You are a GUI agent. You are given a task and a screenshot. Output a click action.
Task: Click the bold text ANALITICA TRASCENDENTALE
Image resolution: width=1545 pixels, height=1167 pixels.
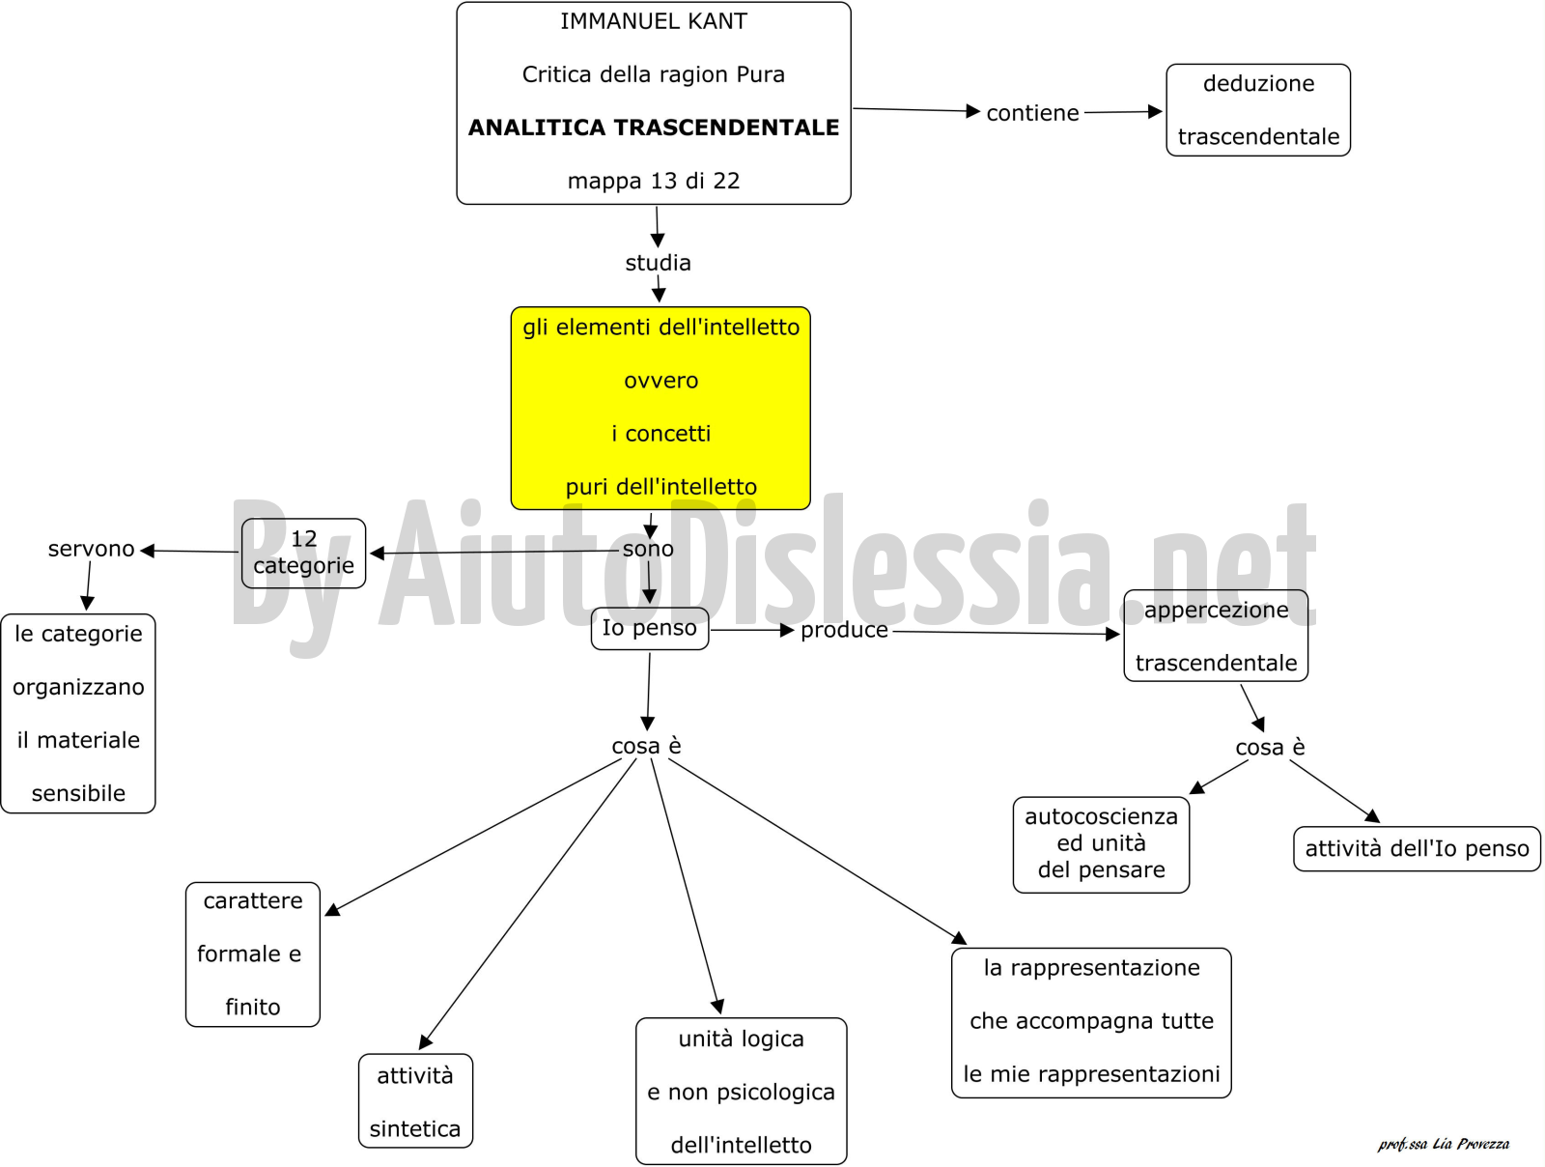pyautogui.click(x=653, y=128)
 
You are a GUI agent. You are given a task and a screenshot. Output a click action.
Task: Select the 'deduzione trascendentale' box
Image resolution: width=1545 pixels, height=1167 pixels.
pyautogui.click(x=1258, y=110)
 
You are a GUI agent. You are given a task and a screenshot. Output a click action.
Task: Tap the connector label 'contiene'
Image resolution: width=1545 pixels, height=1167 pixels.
pyautogui.click(x=1032, y=113)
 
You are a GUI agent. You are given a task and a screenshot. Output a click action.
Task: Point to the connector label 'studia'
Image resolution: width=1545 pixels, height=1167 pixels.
pyautogui.click(x=659, y=263)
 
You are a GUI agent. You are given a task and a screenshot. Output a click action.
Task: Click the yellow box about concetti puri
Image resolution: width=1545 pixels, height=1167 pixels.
pyautogui.click(x=660, y=408)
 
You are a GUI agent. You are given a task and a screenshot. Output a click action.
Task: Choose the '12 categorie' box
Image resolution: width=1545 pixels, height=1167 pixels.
pyautogui.click(x=303, y=554)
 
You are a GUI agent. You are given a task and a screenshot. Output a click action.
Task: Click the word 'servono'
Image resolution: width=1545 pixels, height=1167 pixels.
pyautogui.click(x=91, y=549)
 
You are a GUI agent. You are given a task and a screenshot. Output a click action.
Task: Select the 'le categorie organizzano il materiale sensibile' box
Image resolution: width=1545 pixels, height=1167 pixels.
pyautogui.click(x=78, y=714)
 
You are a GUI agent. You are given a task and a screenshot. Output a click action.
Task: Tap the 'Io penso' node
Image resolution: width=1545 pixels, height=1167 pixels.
pyautogui.click(x=650, y=629)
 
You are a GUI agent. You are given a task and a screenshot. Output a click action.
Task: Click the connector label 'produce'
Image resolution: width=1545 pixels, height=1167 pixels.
pyautogui.click(x=844, y=630)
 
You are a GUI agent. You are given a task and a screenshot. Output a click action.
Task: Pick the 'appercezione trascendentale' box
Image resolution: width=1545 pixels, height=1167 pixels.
pyautogui.click(x=1216, y=636)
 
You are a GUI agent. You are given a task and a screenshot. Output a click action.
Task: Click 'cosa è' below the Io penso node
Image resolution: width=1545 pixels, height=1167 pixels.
pyautogui.click(x=646, y=746)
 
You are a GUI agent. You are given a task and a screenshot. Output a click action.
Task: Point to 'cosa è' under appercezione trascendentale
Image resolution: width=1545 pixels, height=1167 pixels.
pyautogui.click(x=1270, y=747)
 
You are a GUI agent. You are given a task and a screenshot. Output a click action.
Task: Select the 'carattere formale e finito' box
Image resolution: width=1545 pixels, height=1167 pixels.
pyautogui.click(x=253, y=954)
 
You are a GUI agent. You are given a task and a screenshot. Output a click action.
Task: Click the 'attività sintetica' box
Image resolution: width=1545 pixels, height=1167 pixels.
pyautogui.click(x=415, y=1101)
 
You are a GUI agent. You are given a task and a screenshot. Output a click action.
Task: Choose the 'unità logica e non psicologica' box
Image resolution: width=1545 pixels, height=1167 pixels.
pyautogui.click(x=742, y=1092)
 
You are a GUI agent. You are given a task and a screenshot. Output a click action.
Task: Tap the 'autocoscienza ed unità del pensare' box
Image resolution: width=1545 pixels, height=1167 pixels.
pyautogui.click(x=1101, y=844)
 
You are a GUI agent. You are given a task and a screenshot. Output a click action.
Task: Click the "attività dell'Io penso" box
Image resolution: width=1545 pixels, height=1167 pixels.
pyautogui.click(x=1417, y=849)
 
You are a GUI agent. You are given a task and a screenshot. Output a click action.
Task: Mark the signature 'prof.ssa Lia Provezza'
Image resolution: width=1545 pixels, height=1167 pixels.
pyautogui.click(x=1443, y=1144)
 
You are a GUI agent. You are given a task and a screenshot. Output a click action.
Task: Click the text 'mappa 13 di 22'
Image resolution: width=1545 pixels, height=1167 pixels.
pyautogui.click(x=653, y=181)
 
